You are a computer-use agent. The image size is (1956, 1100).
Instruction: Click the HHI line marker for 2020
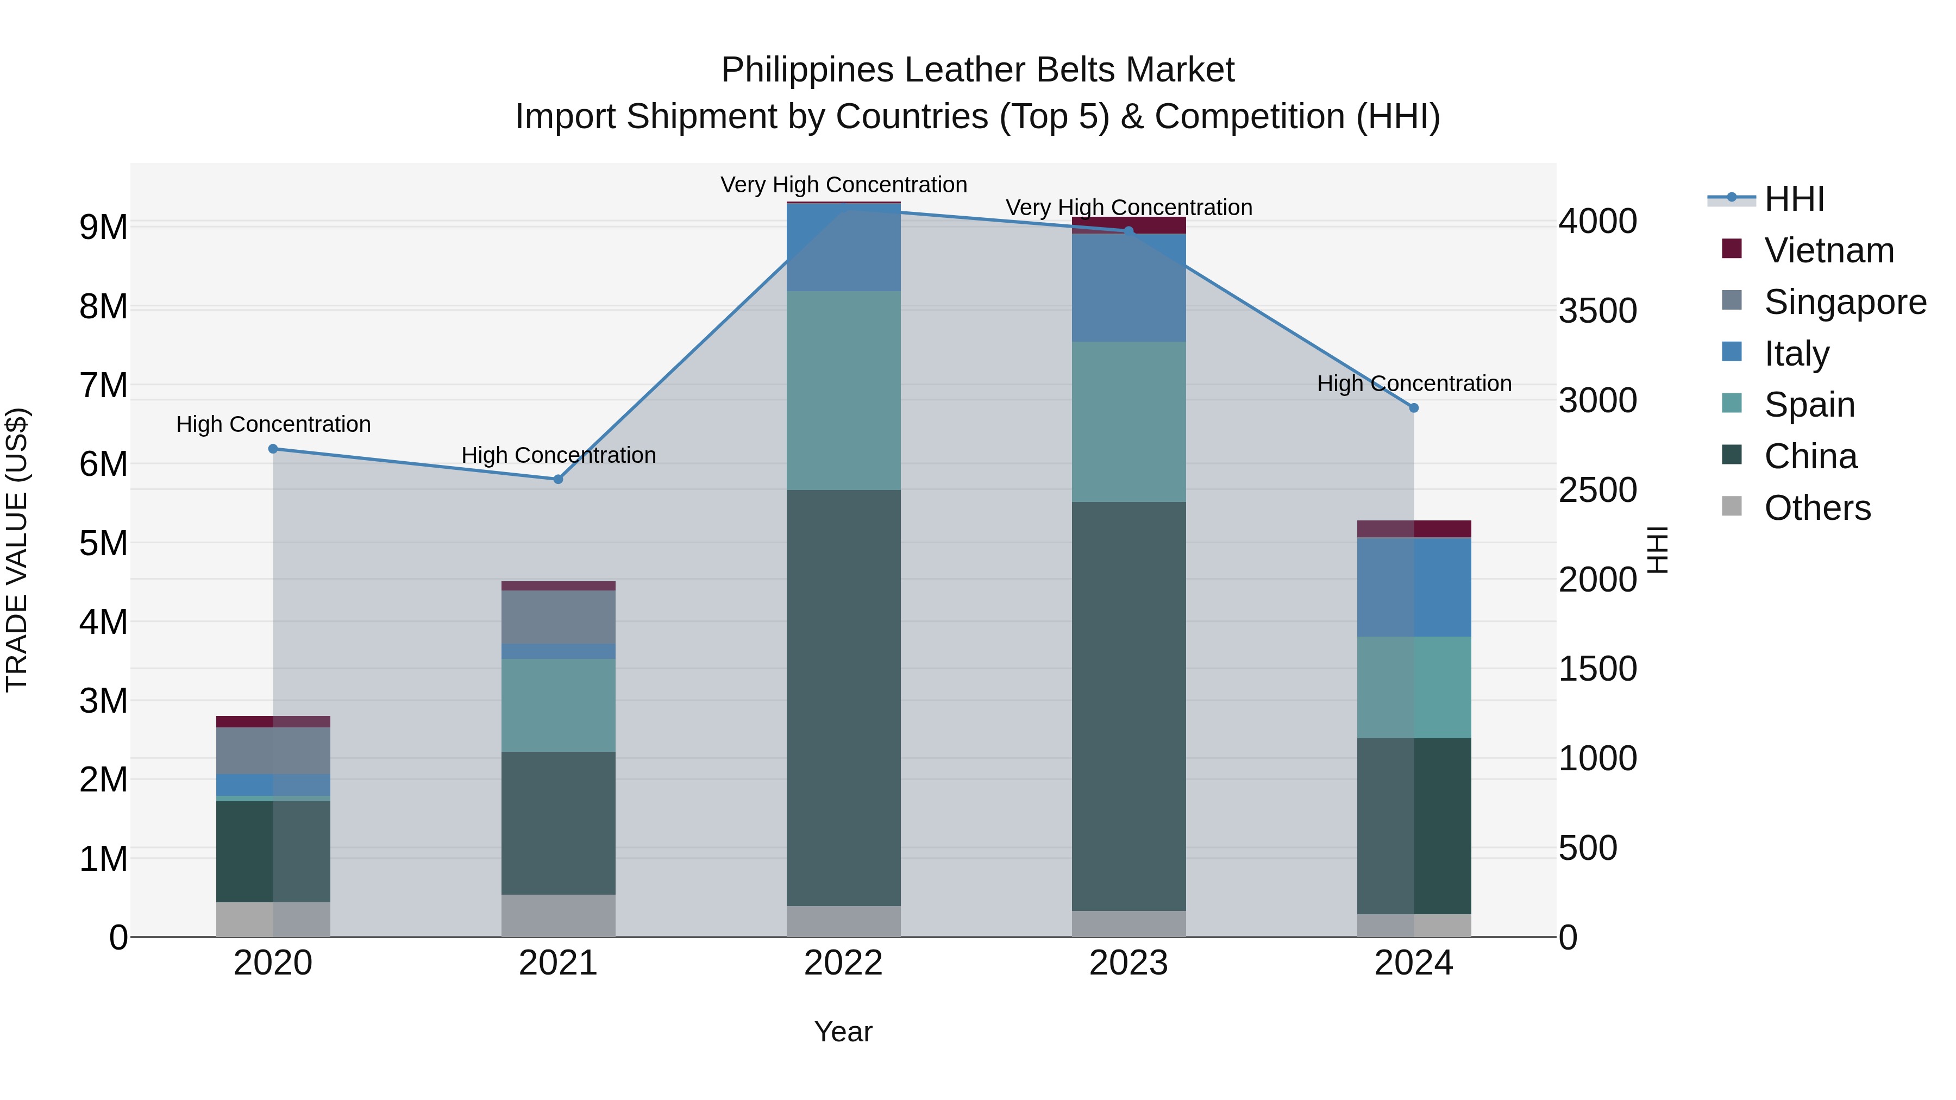[273, 449]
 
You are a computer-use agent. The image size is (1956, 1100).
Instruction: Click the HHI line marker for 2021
[558, 479]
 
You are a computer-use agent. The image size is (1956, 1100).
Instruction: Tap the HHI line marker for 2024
[1413, 407]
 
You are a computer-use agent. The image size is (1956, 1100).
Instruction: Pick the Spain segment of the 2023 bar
[1129, 422]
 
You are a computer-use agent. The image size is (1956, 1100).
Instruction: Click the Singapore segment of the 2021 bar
[558, 617]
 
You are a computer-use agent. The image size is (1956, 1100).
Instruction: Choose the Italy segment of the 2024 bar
[1413, 587]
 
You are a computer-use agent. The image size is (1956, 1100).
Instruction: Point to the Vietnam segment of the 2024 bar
[1413, 529]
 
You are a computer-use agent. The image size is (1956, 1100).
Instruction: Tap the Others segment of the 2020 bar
[273, 919]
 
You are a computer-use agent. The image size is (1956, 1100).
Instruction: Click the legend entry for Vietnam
[1828, 250]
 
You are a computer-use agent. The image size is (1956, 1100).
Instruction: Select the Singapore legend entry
[1845, 302]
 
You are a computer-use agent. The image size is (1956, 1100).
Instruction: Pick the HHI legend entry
[1794, 199]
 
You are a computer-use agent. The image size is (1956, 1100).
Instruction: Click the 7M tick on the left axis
[103, 386]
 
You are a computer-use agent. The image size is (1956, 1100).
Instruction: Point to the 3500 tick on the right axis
[1597, 311]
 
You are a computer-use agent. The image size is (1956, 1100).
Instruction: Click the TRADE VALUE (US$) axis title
[17, 550]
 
